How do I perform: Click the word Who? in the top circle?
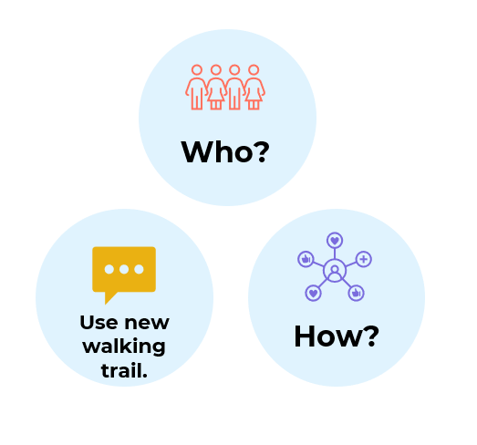pyautogui.click(x=225, y=151)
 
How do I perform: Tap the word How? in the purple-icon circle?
pyautogui.click(x=337, y=336)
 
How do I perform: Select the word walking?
pyautogui.click(x=124, y=347)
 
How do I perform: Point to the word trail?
pyautogui.click(x=124, y=370)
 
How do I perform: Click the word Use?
pyautogui.click(x=99, y=323)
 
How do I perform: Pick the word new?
pyautogui.click(x=147, y=324)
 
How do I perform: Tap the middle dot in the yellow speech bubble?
pyautogui.click(x=124, y=269)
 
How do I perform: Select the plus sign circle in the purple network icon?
pyautogui.click(x=364, y=259)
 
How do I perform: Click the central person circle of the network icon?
pyautogui.click(x=335, y=271)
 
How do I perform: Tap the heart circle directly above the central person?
pyautogui.click(x=335, y=241)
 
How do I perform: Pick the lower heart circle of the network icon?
pyautogui.click(x=314, y=294)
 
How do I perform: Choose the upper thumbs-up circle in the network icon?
pyautogui.click(x=306, y=259)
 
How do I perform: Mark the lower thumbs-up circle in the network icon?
pyautogui.click(x=356, y=294)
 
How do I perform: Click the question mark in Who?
pyautogui.click(x=262, y=151)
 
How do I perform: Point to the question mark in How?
pyautogui.click(x=371, y=336)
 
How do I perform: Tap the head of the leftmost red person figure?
pyautogui.click(x=197, y=70)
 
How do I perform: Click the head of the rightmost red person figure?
pyautogui.click(x=254, y=70)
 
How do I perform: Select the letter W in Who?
pyautogui.click(x=197, y=152)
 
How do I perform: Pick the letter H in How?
pyautogui.click(x=305, y=336)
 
